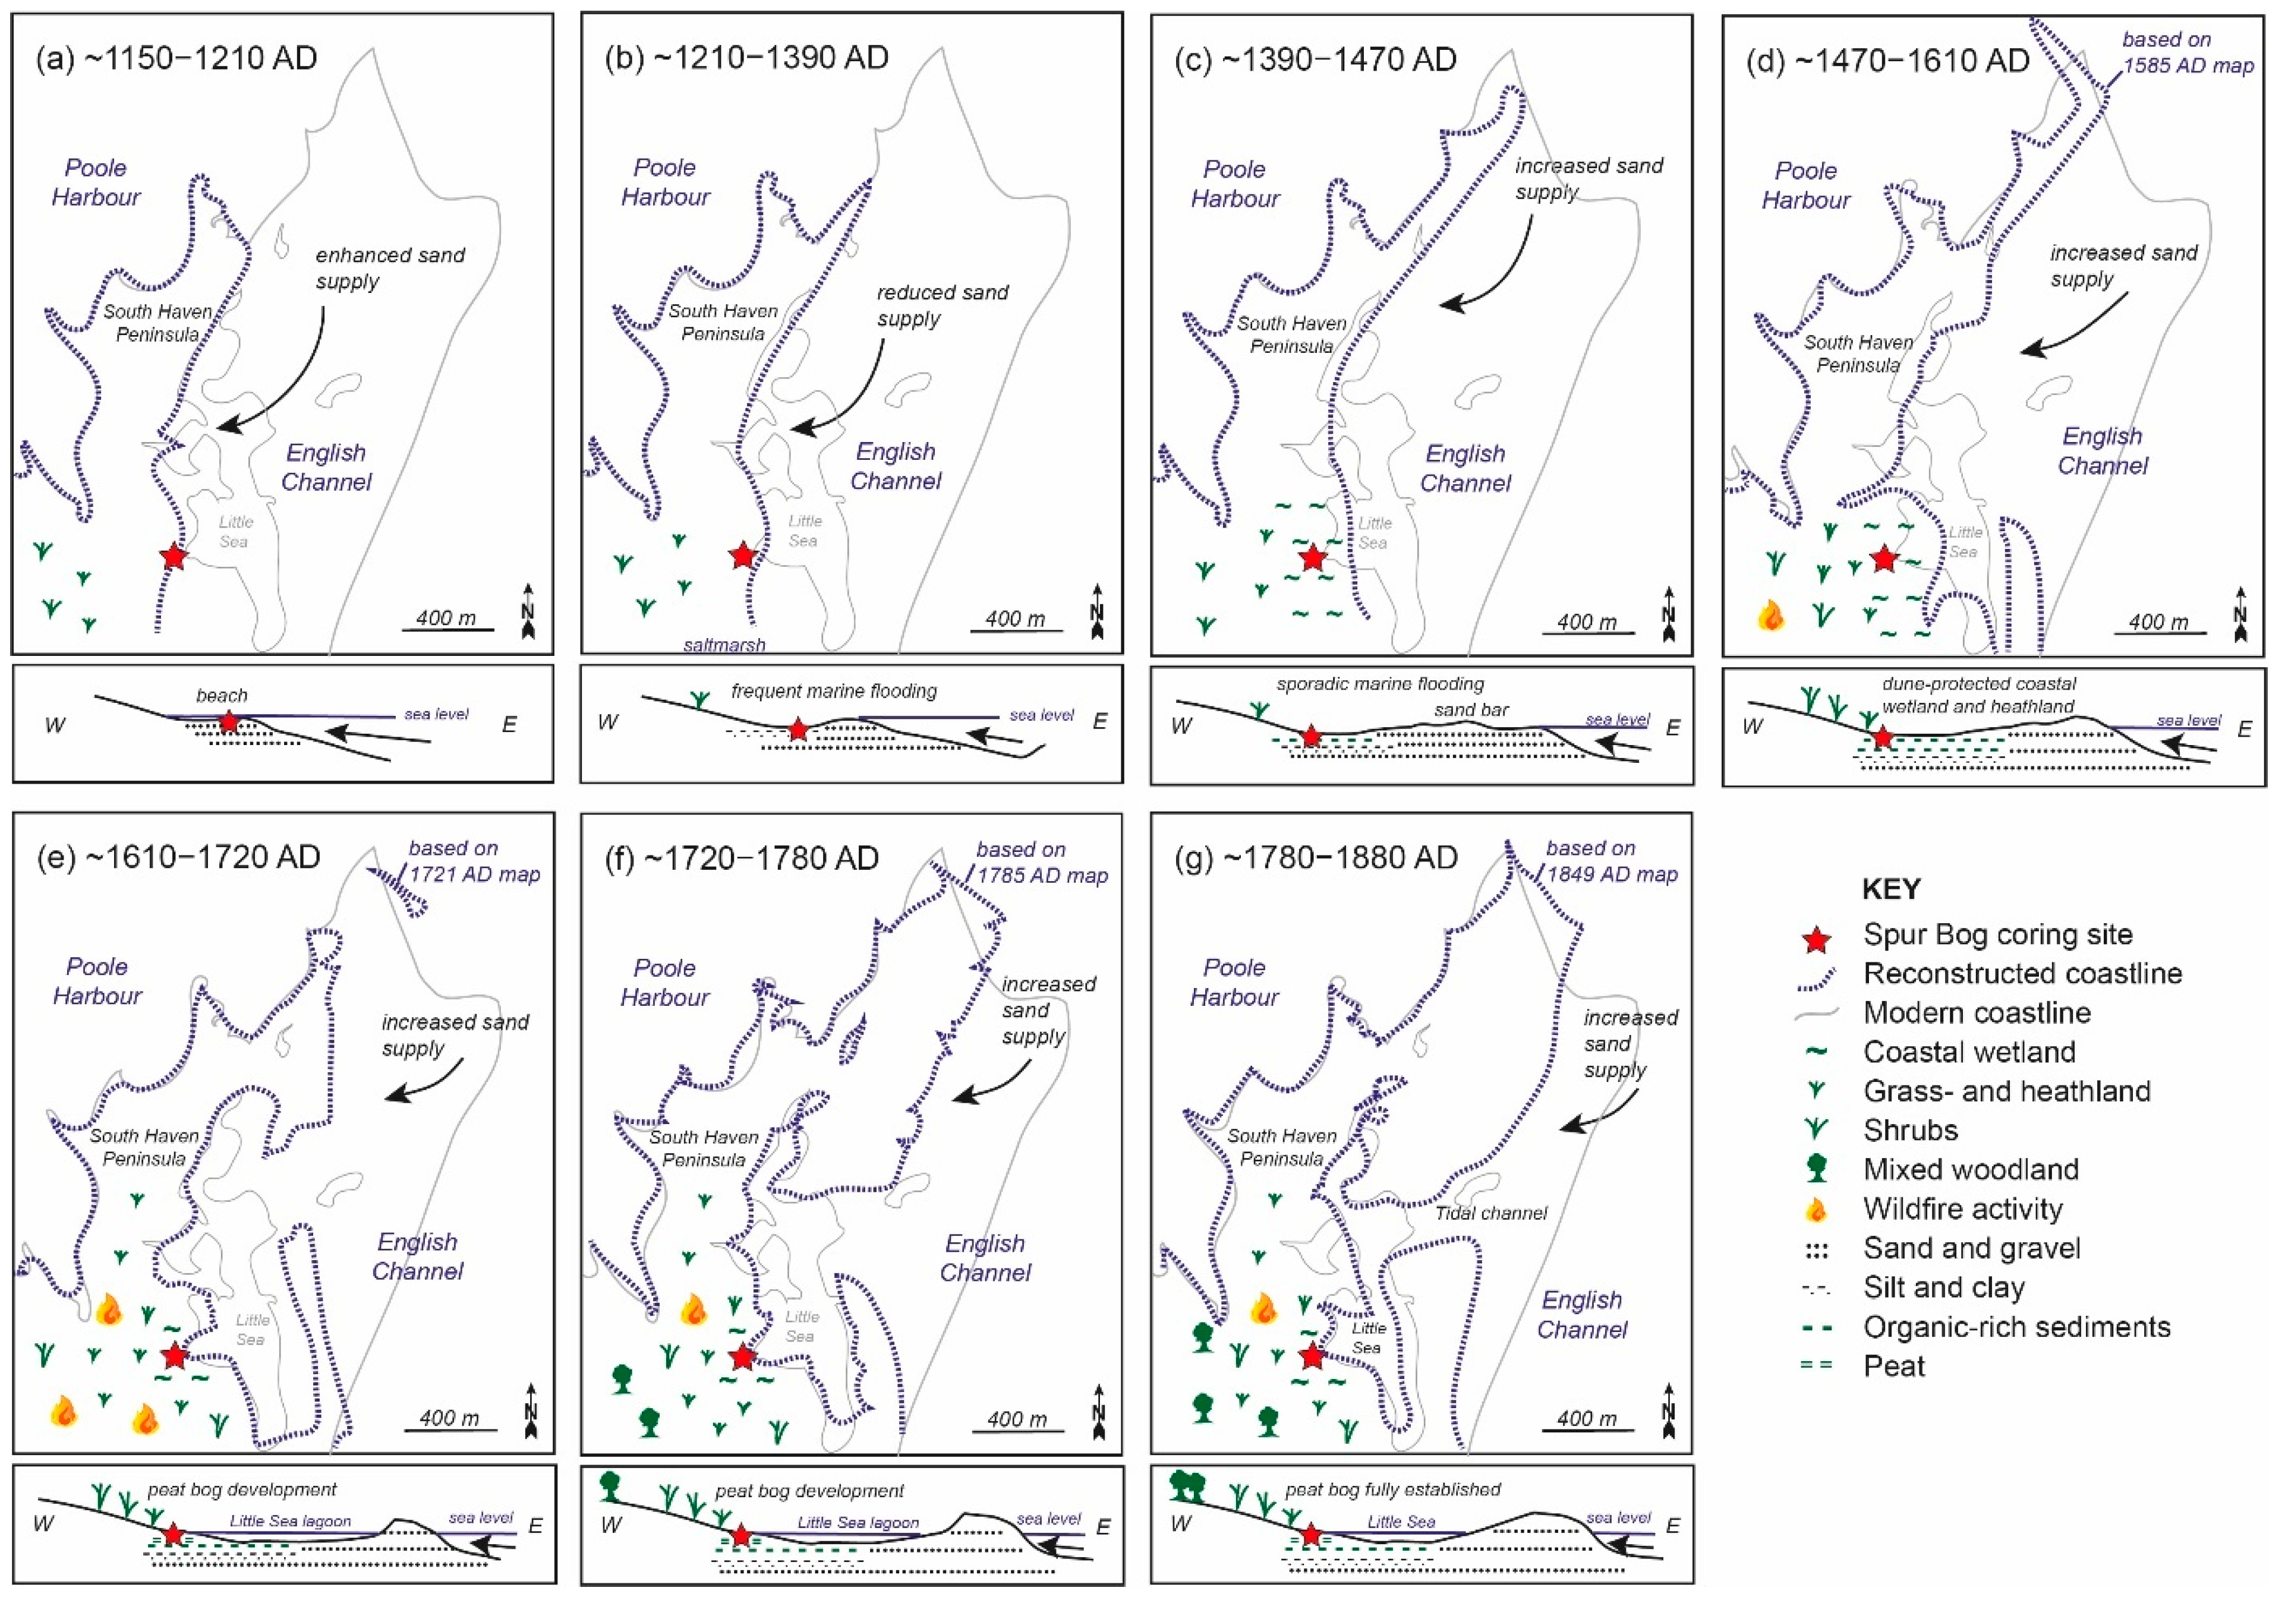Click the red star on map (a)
(173, 557)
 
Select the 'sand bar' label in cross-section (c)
(1471, 709)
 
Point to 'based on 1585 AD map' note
(2186, 53)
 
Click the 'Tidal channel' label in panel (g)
(1491, 1213)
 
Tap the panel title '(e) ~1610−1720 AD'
(179, 857)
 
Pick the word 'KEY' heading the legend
(1892, 888)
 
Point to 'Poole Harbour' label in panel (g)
(1234, 982)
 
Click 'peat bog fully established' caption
(1392, 1489)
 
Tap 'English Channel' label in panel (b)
(896, 466)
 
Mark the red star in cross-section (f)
(740, 1535)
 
